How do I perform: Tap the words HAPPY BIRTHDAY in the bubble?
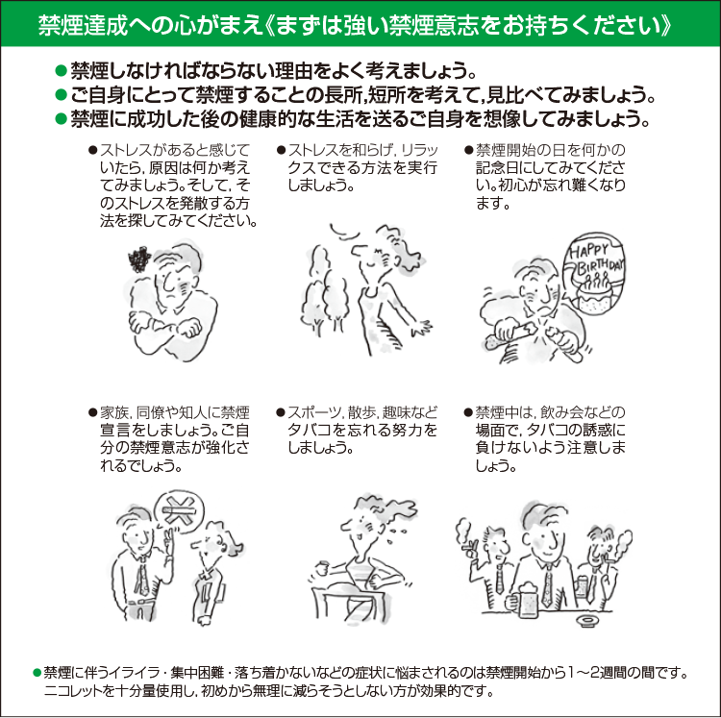(x=596, y=258)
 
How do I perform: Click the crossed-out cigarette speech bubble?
(x=179, y=510)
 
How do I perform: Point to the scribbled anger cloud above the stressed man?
(x=139, y=260)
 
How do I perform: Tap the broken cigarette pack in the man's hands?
(x=529, y=334)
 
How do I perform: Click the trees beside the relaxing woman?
(x=324, y=294)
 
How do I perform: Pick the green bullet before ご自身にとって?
(x=61, y=95)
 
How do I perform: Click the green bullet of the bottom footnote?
(x=37, y=673)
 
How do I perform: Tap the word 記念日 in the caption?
(x=501, y=167)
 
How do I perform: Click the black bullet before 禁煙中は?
(x=468, y=412)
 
